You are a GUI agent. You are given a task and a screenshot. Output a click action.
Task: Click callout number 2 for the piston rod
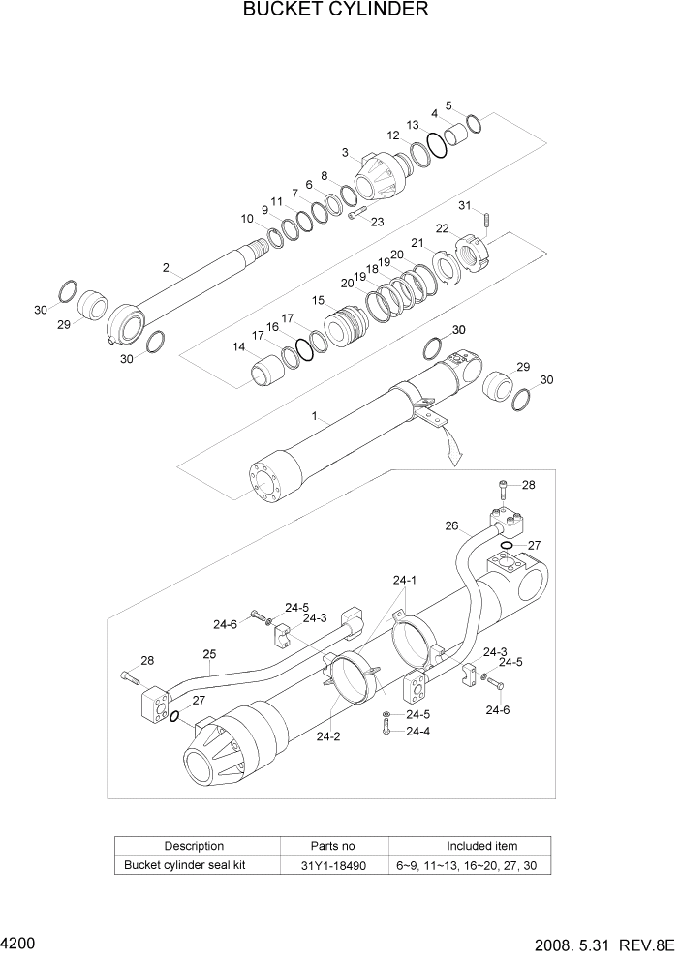(166, 268)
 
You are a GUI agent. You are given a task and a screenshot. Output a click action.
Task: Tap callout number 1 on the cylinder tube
(315, 416)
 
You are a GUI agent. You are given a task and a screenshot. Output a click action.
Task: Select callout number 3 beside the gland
(345, 153)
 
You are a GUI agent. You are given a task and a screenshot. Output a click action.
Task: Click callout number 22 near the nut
(442, 228)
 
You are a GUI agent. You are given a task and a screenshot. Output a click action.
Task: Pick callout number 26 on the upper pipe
(451, 526)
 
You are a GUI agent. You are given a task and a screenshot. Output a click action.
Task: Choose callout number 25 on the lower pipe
(208, 654)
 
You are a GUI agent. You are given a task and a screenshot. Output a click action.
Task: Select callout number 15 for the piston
(318, 301)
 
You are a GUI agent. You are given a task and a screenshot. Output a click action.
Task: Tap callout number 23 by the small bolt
(377, 222)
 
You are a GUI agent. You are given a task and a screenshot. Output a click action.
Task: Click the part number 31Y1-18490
(335, 865)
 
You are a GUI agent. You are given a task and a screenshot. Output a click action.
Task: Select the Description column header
(194, 846)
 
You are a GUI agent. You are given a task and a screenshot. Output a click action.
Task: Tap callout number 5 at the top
(448, 105)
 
